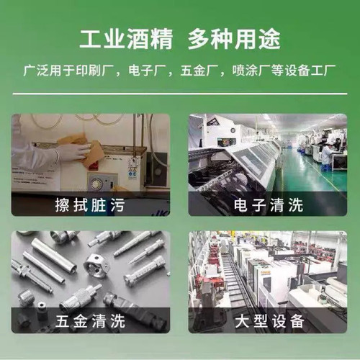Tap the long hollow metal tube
coord(53,255)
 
